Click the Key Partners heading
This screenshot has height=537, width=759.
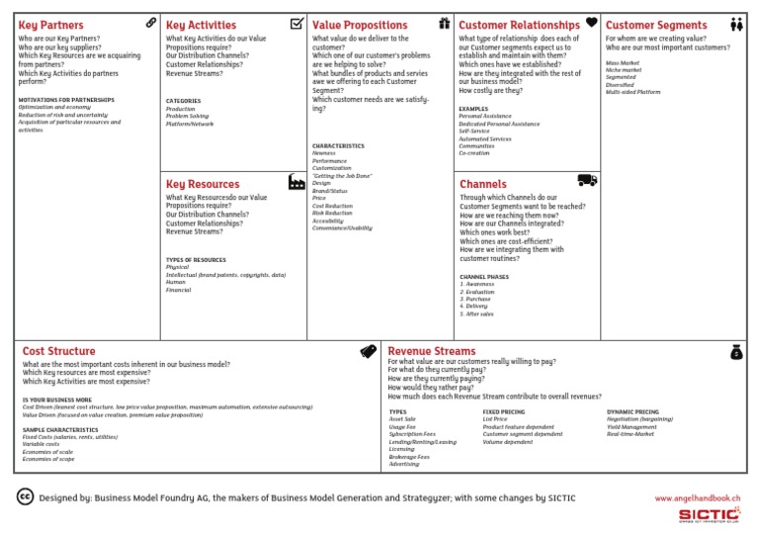point(51,25)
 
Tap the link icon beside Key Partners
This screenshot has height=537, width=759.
point(150,22)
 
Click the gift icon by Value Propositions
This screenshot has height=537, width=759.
point(444,23)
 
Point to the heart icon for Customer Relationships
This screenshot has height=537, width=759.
point(591,22)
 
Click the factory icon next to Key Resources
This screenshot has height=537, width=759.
point(296,182)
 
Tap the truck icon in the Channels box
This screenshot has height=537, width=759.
point(587,179)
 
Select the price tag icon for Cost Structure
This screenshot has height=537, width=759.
point(369,350)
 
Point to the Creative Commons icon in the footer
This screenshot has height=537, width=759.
point(26,497)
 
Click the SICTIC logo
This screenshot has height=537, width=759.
point(711,514)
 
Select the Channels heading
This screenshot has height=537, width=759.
point(483,184)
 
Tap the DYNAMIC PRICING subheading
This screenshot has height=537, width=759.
point(632,411)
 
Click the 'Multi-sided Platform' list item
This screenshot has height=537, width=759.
point(634,90)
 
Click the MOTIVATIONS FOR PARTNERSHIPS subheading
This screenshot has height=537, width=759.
point(66,100)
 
